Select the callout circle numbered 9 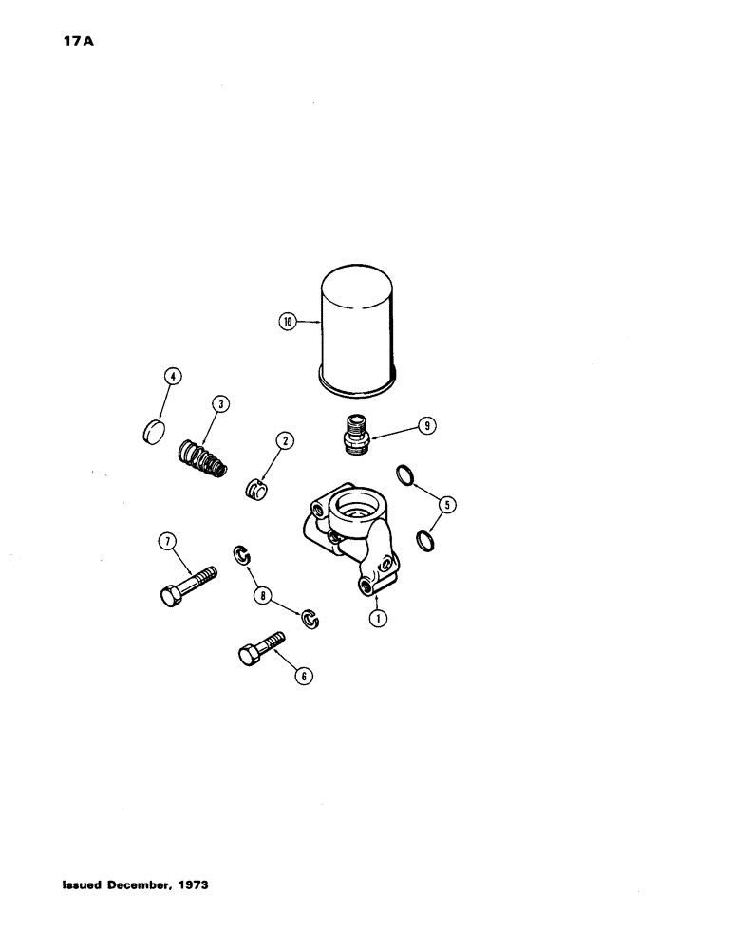[428, 426]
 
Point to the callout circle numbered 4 [172, 377]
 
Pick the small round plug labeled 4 [151, 431]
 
